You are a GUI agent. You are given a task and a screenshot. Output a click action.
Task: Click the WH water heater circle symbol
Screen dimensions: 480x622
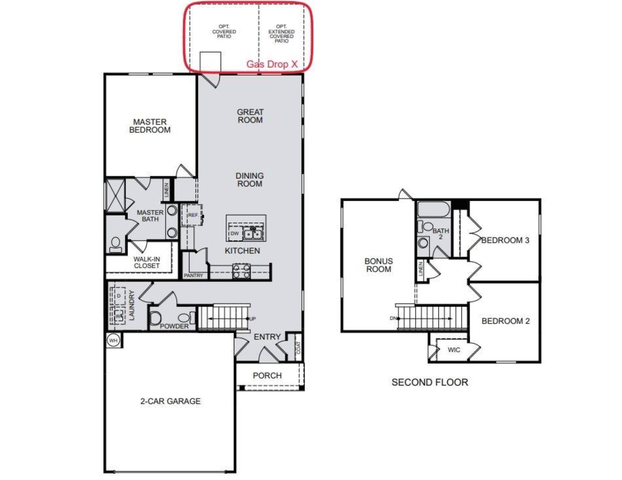click(113, 340)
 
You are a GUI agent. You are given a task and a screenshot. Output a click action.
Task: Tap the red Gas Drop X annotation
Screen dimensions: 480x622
click(272, 64)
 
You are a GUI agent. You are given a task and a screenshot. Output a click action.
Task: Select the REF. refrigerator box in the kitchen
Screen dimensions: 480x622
click(192, 215)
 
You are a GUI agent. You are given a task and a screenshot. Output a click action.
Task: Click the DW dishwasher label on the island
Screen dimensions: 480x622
click(235, 233)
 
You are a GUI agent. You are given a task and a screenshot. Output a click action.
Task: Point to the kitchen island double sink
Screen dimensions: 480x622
click(253, 234)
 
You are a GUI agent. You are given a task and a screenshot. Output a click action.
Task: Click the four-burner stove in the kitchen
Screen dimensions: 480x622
click(241, 271)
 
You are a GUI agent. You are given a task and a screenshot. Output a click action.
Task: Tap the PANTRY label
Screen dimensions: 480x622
click(193, 275)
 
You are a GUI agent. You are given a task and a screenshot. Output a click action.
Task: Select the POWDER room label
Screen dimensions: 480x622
click(174, 326)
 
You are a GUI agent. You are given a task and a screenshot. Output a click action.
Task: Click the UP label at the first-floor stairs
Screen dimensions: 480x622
click(252, 319)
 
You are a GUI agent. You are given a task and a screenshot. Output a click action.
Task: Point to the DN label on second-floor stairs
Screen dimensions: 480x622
click(393, 318)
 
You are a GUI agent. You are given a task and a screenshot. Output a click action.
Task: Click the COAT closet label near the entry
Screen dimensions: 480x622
click(298, 348)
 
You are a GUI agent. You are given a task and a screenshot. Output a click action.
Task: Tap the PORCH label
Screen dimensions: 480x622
click(267, 375)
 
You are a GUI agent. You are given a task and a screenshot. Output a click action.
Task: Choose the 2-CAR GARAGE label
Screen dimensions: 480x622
click(170, 401)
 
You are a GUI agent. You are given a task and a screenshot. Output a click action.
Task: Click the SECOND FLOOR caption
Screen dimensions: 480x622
click(429, 382)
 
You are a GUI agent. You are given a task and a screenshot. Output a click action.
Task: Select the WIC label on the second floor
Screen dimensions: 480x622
click(454, 350)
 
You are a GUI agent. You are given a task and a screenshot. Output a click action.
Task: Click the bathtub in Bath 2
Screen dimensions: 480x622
click(433, 209)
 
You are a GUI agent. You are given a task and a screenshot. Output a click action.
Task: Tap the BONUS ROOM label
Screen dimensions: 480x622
click(378, 265)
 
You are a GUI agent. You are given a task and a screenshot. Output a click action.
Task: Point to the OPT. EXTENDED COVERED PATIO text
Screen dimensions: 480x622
click(281, 34)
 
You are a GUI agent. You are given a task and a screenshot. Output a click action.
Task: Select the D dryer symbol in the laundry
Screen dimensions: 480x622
click(118, 296)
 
